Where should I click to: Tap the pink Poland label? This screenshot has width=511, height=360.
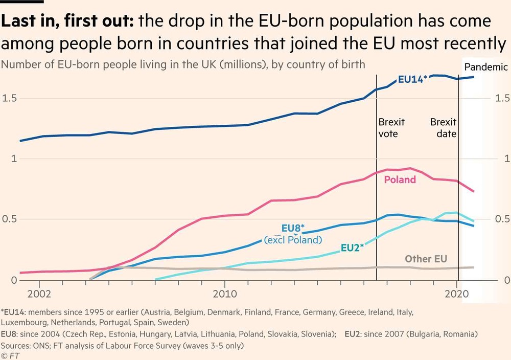[400, 179]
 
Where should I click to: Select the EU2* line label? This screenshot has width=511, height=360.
[352, 248]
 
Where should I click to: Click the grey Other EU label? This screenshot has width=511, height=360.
[426, 259]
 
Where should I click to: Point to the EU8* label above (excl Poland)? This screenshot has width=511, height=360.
[293, 228]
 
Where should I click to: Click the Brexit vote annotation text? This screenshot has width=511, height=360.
[391, 128]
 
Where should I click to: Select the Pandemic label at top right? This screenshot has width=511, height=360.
[485, 67]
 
